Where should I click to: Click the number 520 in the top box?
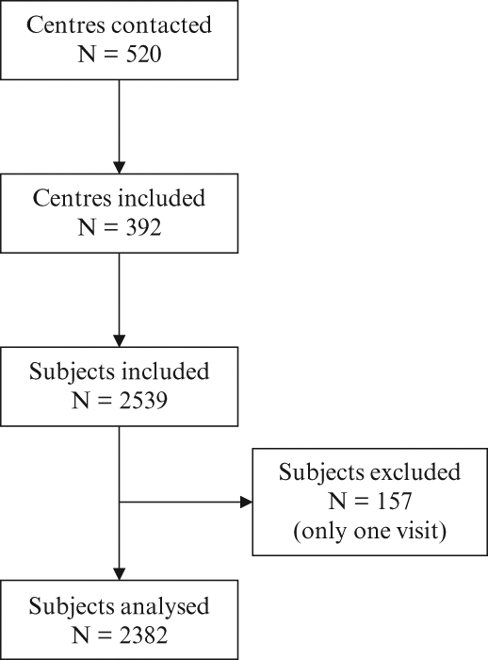(x=143, y=55)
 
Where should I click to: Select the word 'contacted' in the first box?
(x=161, y=25)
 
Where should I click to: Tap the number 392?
(x=143, y=228)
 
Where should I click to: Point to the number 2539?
(x=143, y=401)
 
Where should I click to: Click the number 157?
(x=394, y=502)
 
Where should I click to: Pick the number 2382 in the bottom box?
(x=143, y=635)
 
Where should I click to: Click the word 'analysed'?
(x=165, y=606)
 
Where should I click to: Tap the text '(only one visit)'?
(x=369, y=531)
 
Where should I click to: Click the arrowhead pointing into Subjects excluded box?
(x=246, y=503)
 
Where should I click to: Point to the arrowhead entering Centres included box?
(x=120, y=167)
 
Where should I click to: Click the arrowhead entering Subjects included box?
(x=120, y=340)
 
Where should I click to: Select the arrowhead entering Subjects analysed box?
(x=120, y=573)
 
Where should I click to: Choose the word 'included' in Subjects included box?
(x=165, y=371)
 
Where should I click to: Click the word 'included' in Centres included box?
(x=162, y=199)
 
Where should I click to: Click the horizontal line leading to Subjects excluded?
(x=180, y=503)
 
